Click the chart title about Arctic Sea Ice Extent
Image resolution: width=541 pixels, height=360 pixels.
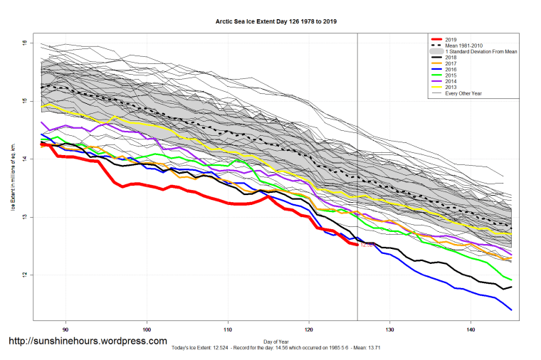(x=276, y=21)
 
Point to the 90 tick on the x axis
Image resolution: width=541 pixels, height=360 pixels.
(x=65, y=329)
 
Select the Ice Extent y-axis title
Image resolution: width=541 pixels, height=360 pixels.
(x=12, y=178)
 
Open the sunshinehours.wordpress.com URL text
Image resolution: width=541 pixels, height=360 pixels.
(x=88, y=342)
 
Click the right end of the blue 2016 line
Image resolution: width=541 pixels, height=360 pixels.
(x=511, y=309)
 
